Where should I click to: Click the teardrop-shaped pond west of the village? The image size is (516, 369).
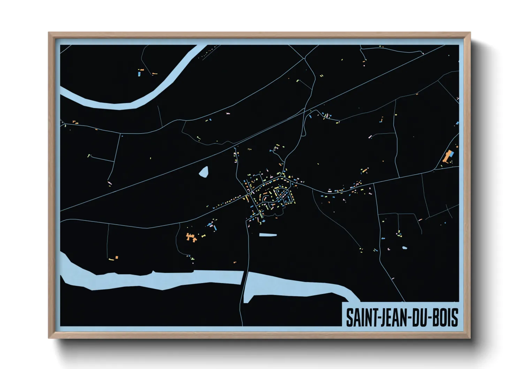tap(204, 172)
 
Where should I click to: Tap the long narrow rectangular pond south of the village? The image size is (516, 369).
tap(268, 235)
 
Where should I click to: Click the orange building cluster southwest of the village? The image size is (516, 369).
tap(191, 237)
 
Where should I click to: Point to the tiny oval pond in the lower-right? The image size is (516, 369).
tap(404, 248)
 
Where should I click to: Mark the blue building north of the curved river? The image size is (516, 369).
tap(139, 74)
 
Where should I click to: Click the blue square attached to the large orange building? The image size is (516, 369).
tap(451, 153)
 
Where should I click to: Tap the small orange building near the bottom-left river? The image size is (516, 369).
tap(116, 257)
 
